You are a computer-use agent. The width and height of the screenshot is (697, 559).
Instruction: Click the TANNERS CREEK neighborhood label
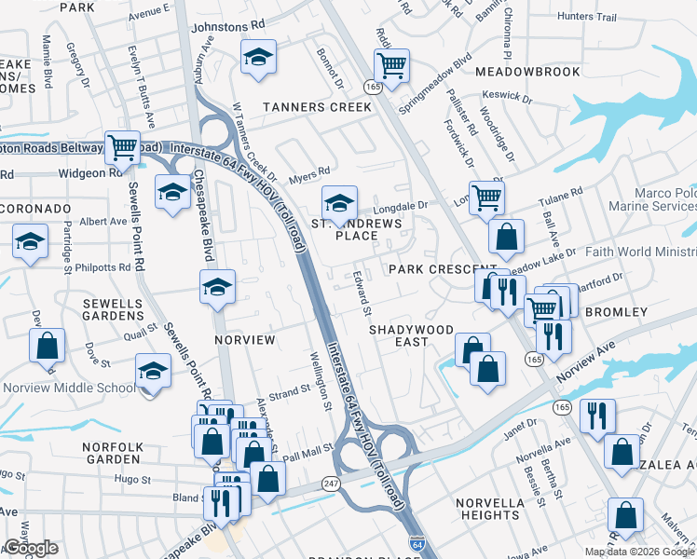[x=317, y=107]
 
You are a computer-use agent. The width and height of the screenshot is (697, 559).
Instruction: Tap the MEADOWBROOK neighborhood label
[x=527, y=72]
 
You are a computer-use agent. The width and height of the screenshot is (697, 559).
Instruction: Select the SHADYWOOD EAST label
[x=411, y=335]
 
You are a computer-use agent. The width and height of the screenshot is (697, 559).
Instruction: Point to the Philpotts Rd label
[x=104, y=267]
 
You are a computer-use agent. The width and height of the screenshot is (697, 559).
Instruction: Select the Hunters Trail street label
[x=587, y=17]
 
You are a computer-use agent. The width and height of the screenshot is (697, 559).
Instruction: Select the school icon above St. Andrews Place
[x=340, y=201]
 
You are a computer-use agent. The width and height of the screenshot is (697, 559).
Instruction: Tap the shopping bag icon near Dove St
[x=47, y=346]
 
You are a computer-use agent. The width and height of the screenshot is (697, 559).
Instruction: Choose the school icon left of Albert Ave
[x=30, y=241]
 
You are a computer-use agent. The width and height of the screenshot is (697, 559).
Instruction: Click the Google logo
[x=31, y=548]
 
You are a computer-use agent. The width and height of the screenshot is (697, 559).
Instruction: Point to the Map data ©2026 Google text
[x=639, y=552]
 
